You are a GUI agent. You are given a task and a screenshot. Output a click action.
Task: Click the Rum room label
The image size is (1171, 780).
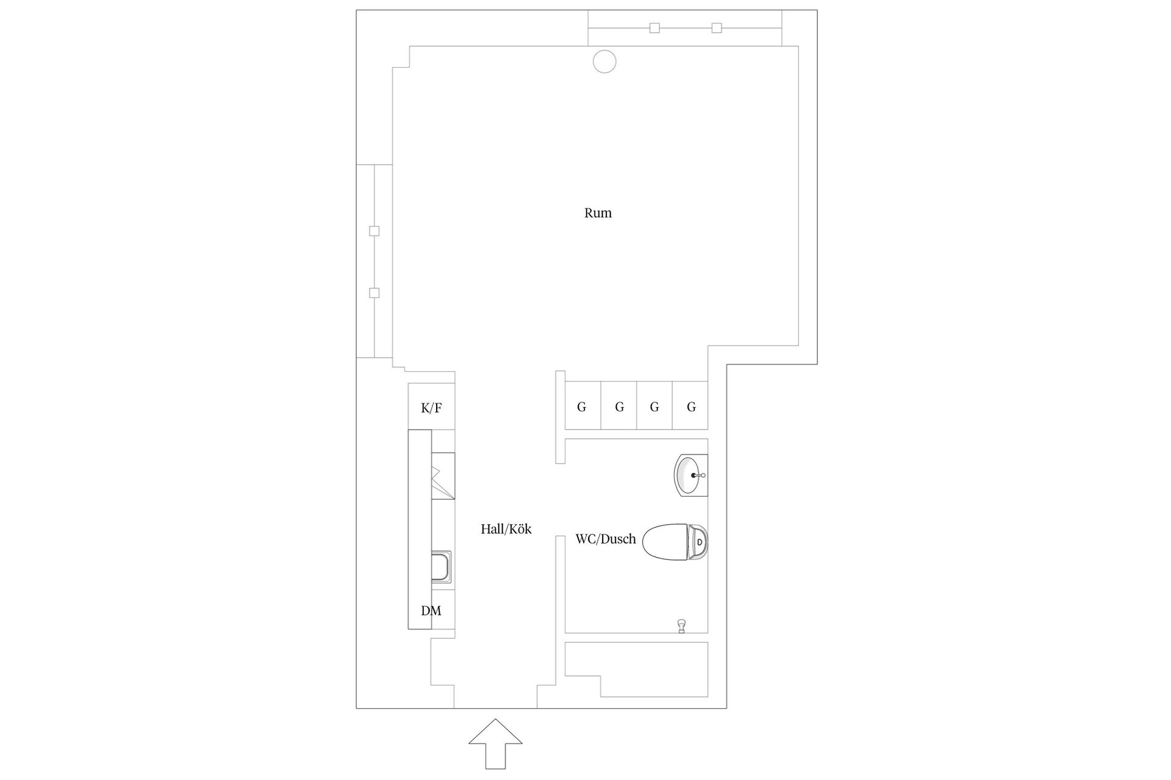(x=598, y=213)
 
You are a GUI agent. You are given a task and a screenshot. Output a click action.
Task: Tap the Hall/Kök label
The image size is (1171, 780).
(x=506, y=529)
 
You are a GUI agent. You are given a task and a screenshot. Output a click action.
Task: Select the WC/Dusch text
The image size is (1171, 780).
(x=606, y=539)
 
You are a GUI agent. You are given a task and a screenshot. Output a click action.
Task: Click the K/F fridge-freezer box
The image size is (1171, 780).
(x=431, y=406)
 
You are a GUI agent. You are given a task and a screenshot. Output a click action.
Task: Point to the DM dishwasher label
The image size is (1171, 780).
(x=431, y=611)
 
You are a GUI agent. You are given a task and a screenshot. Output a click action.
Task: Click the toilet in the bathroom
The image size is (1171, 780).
(x=675, y=541)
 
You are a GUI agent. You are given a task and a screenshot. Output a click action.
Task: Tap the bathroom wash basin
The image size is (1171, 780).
(x=690, y=475)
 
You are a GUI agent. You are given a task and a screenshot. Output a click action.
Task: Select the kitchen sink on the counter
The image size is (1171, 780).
(x=442, y=567)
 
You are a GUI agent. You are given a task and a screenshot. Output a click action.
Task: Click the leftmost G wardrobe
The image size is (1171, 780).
(x=582, y=405)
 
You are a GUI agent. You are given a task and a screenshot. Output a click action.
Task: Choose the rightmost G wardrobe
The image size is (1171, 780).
(x=690, y=405)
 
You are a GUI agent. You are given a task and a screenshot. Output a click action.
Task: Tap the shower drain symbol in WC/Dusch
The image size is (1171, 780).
(x=681, y=626)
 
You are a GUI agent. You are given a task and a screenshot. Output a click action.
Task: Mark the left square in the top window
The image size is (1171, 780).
(x=654, y=27)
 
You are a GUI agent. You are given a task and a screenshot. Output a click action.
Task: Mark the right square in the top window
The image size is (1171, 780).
(x=717, y=27)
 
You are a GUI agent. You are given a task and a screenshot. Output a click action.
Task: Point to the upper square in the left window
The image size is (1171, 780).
(x=374, y=231)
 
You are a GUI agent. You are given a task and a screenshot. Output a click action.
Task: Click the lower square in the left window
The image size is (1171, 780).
(x=374, y=293)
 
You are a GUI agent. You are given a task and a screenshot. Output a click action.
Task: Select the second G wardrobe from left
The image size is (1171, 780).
(x=619, y=405)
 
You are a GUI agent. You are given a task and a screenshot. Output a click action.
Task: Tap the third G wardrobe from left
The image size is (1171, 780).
(x=654, y=405)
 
